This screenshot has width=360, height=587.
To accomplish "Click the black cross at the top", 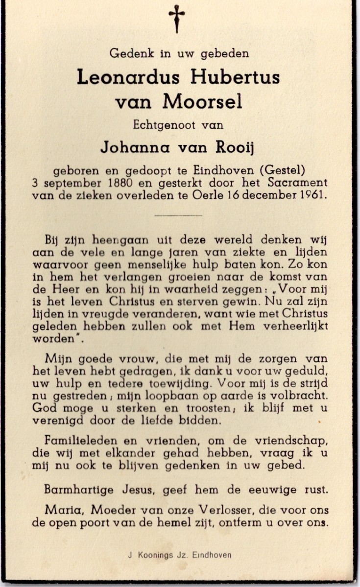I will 177,19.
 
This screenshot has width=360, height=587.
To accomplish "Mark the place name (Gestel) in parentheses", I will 282,170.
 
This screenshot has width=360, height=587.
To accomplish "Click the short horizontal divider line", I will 178,215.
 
